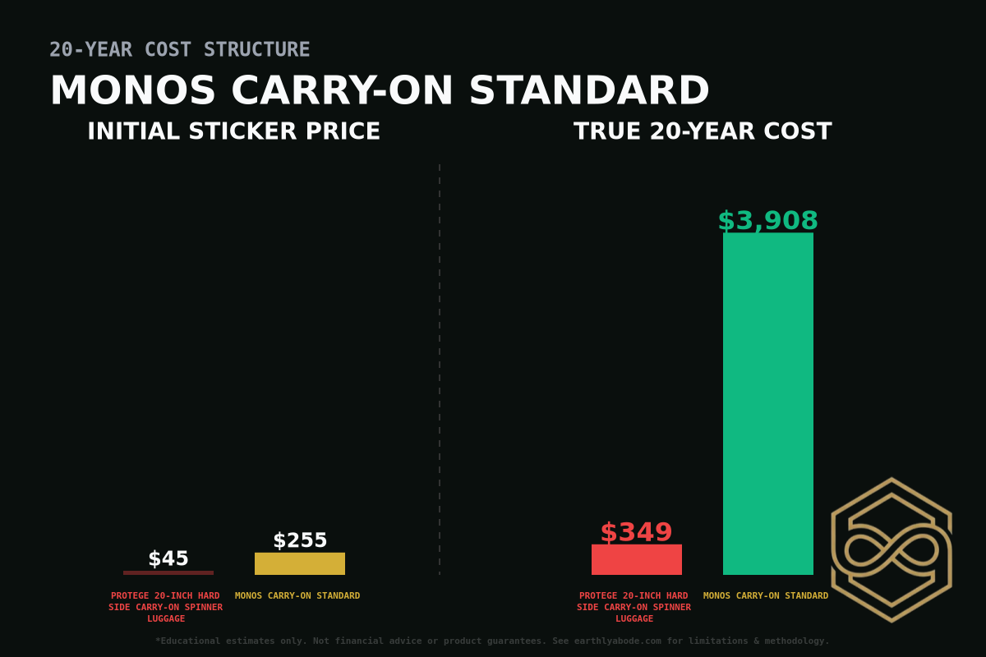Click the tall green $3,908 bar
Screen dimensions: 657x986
point(767,402)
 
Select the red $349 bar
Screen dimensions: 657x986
point(636,559)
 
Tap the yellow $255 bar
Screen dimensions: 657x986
point(299,563)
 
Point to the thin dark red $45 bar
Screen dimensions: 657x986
point(168,572)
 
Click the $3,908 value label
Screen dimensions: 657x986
point(767,221)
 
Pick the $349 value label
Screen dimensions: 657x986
point(636,532)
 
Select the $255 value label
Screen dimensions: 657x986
point(300,540)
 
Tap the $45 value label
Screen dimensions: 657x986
point(168,558)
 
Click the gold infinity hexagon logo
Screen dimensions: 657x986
point(892,549)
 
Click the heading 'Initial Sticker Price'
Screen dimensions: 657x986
point(233,131)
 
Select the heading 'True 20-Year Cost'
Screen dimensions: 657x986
point(703,131)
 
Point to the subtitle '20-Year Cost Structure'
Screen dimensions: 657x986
point(179,49)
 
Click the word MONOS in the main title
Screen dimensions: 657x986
point(132,90)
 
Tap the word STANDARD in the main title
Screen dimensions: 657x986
point(589,90)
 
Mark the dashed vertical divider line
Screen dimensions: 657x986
point(440,370)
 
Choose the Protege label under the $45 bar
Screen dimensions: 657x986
point(165,607)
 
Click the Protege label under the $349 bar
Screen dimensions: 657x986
point(634,607)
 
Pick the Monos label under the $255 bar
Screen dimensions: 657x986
point(297,595)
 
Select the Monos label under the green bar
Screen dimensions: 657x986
point(766,595)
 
